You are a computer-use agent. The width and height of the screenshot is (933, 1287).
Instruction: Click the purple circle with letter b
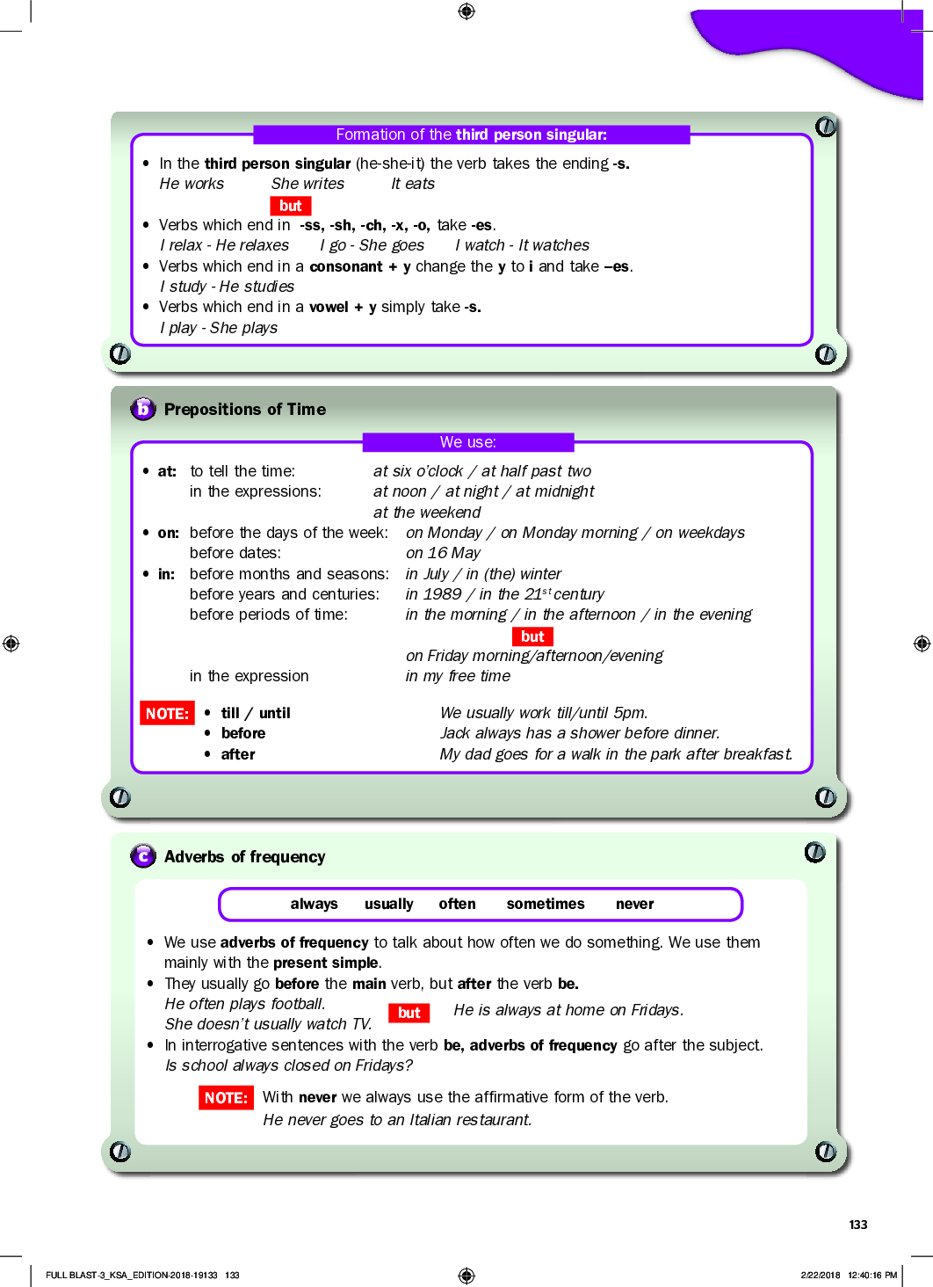pos(142,409)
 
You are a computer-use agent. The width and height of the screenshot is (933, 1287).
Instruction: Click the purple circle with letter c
pos(142,856)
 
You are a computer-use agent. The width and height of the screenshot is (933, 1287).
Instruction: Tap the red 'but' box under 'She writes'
pos(291,206)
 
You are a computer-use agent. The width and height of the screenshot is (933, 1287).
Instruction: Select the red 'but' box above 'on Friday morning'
pos(532,636)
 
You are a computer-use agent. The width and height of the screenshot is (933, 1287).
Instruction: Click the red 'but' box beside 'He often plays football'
pos(409,1013)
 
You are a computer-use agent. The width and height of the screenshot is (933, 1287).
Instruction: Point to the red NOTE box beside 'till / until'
pos(167,713)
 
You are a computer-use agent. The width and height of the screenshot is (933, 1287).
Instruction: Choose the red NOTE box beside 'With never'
pos(226,1097)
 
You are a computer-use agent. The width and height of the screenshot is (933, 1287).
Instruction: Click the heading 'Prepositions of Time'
pos(244,410)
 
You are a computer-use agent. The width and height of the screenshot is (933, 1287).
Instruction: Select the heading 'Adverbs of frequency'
pos(244,857)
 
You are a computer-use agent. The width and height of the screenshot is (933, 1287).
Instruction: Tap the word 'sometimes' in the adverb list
pos(545,904)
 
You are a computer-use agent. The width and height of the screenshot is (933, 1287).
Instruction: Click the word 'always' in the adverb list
pos(314,904)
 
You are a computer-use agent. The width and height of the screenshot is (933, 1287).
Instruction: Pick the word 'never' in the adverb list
pos(634,904)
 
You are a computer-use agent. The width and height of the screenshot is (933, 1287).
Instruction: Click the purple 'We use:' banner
pos(468,442)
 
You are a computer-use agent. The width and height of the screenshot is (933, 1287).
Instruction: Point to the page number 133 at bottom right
pos(858,1225)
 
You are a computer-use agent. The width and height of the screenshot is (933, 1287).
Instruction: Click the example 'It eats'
pos(413,184)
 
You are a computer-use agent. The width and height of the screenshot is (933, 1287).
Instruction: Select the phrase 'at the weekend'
pos(427,513)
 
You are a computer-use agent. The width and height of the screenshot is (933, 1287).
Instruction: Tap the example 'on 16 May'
pos(443,553)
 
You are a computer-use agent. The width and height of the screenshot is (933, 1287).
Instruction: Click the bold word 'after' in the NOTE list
pos(238,754)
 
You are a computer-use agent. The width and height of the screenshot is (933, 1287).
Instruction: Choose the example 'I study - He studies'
pos(227,287)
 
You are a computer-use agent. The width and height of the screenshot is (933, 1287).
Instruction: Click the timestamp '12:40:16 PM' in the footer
pos(872,1275)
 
